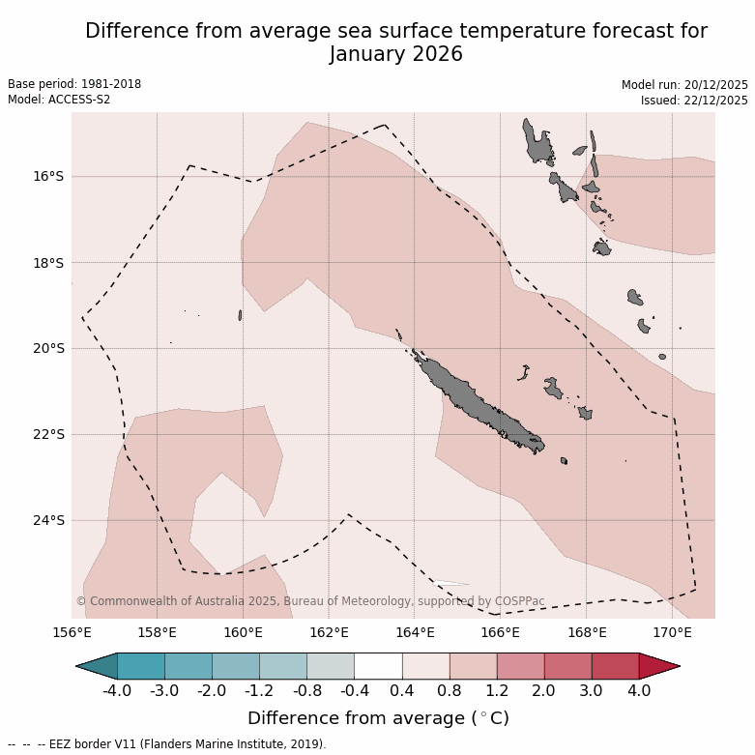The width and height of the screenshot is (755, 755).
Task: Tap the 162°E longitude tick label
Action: tap(329, 633)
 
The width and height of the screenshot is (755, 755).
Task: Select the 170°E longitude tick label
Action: tap(672, 633)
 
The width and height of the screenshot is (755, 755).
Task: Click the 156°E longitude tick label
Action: tap(72, 633)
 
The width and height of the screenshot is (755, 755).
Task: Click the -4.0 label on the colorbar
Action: tap(117, 691)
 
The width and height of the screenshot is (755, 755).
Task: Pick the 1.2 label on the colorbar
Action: tap(497, 691)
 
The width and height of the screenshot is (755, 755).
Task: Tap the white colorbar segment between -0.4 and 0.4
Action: tap(378, 666)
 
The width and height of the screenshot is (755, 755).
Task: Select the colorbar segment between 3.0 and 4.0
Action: tap(615, 666)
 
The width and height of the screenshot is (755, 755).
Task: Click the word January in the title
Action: tap(371, 54)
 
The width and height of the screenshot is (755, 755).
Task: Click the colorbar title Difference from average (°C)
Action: tap(378, 718)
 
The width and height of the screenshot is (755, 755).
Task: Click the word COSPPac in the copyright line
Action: tap(520, 601)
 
